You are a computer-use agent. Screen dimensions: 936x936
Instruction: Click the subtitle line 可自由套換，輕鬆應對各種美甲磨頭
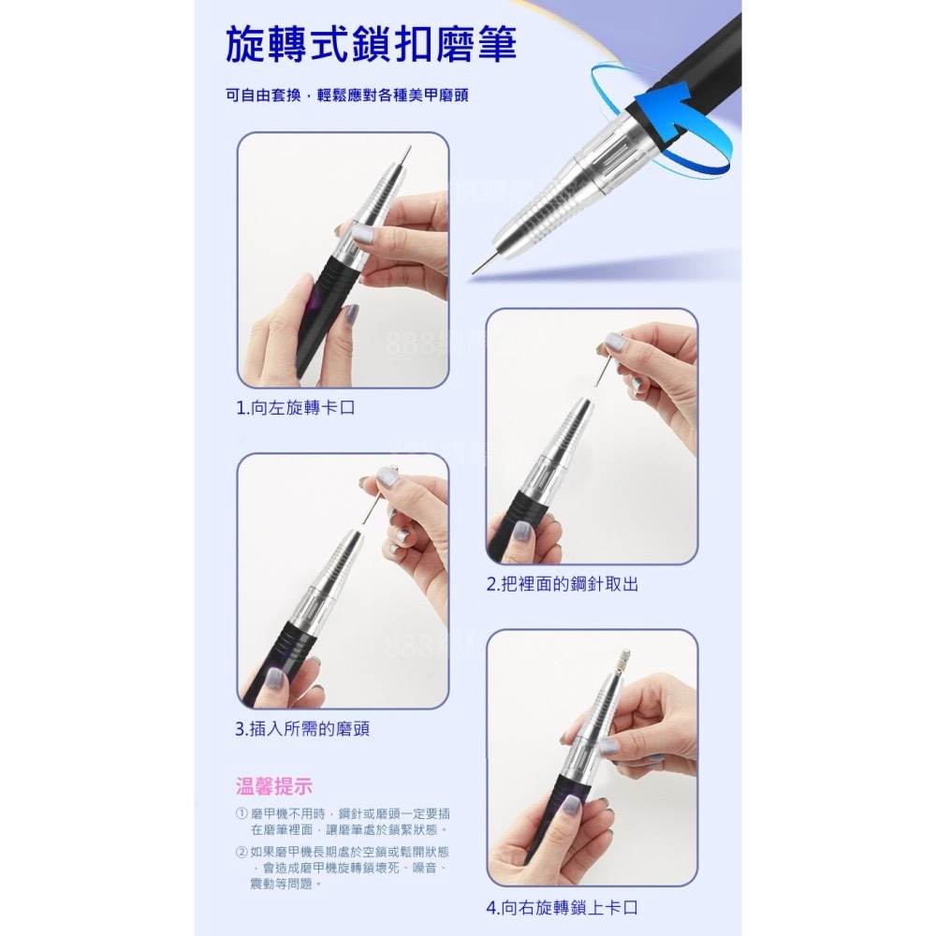click(x=346, y=96)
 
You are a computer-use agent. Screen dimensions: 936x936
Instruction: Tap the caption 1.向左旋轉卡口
click(x=296, y=408)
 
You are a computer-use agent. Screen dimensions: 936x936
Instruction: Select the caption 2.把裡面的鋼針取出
click(x=563, y=584)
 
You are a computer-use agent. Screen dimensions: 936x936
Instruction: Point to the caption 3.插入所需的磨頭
click(x=302, y=728)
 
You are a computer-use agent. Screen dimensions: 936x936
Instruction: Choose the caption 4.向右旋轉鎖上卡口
click(x=563, y=907)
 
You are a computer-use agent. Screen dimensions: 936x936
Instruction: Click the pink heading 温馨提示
click(x=273, y=785)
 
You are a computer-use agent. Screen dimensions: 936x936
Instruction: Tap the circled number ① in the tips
click(x=241, y=814)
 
